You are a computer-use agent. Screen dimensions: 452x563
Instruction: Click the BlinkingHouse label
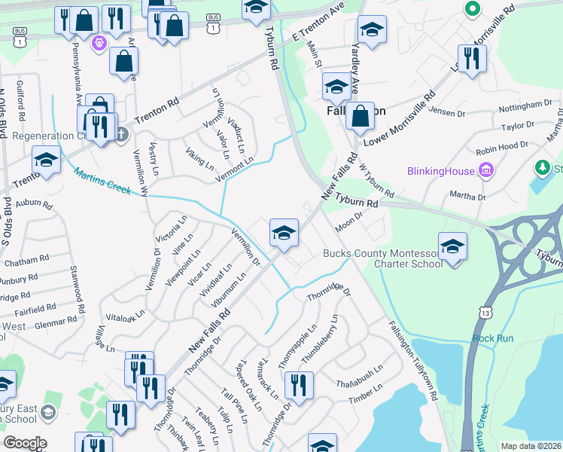[441, 171]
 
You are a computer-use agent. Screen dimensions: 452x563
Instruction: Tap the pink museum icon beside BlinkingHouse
[486, 171]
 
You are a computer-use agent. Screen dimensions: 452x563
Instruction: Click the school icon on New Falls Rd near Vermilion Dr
[284, 232]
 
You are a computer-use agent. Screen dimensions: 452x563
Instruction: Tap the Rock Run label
[493, 338]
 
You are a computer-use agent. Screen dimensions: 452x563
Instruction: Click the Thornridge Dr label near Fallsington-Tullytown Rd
[330, 291]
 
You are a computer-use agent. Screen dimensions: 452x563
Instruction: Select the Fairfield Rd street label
[35, 309]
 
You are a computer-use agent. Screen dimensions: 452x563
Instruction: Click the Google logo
[25, 443]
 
